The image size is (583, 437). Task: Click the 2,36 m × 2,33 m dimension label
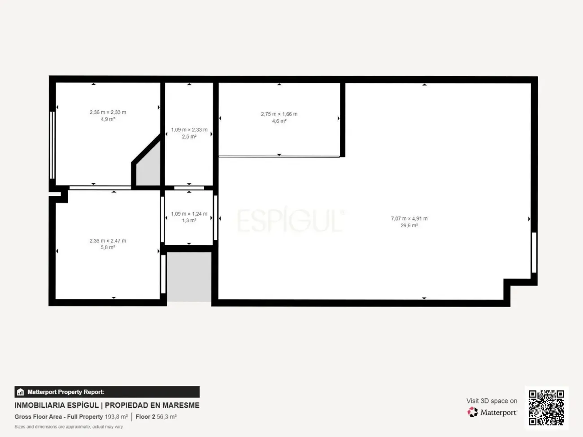tap(108, 112)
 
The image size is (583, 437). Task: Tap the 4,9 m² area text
tap(108, 119)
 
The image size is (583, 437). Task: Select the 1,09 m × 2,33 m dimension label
tap(189, 130)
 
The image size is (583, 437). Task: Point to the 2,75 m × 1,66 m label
tap(279, 114)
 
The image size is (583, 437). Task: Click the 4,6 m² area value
tap(279, 121)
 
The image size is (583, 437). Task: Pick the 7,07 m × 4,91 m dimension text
tap(409, 219)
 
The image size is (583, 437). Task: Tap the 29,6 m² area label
tap(409, 225)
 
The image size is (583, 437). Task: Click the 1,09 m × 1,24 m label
tap(189, 214)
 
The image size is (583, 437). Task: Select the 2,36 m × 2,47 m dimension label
tap(108, 241)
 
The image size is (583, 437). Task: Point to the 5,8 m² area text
tap(108, 247)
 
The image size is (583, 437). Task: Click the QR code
tap(546, 408)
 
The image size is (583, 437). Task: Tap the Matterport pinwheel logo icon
tap(473, 412)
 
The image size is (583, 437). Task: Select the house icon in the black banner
tap(21, 392)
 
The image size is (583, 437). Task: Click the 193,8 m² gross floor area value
tap(116, 417)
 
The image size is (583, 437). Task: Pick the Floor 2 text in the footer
tap(145, 417)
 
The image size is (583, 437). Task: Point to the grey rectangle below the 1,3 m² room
tap(189, 277)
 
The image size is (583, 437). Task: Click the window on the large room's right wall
tap(534, 253)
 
